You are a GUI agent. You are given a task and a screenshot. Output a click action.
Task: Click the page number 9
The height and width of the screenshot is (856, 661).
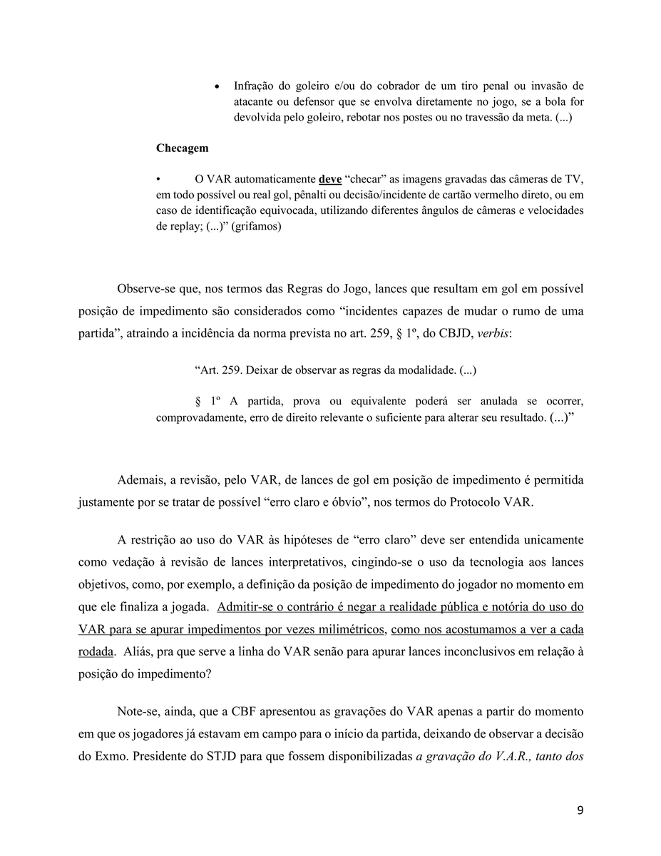pyautogui.click(x=580, y=810)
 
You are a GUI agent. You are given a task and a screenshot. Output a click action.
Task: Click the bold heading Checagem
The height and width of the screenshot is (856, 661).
pyautogui.click(x=183, y=148)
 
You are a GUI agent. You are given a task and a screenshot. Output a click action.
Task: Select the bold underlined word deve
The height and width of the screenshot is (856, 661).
pyautogui.click(x=329, y=179)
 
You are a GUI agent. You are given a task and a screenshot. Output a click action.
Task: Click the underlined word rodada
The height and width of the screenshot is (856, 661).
pyautogui.click(x=96, y=652)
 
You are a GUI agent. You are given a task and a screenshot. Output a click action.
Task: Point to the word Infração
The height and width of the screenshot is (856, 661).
pyautogui.click(x=254, y=86)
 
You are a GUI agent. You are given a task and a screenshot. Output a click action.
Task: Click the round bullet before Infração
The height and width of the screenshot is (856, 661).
pyautogui.click(x=217, y=86)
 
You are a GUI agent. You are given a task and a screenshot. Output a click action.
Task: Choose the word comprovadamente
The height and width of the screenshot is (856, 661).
pyautogui.click(x=198, y=417)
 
